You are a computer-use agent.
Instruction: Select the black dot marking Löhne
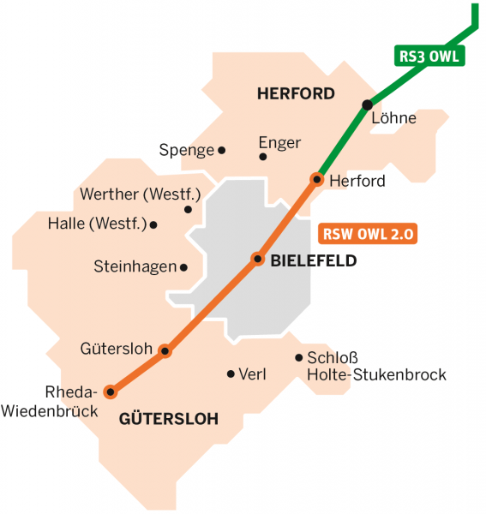[x=367, y=105]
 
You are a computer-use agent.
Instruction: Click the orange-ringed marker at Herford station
[x=316, y=179]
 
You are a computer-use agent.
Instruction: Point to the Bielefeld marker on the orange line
[x=256, y=258]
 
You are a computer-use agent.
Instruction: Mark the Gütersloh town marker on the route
[x=165, y=350]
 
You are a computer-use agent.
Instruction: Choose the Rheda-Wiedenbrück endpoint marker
[x=110, y=391]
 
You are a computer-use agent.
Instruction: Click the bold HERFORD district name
[x=296, y=94]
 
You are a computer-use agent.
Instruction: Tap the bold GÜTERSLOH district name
[x=169, y=419]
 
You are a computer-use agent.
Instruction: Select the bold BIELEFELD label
[x=313, y=261]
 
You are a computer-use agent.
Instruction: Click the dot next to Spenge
[x=221, y=150]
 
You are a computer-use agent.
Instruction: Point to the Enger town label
[x=279, y=143]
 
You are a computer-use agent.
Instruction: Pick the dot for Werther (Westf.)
[x=188, y=209]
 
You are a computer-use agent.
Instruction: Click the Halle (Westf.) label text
[x=97, y=225]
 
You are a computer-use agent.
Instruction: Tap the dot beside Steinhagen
[x=183, y=267]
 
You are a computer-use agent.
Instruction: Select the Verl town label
[x=253, y=374]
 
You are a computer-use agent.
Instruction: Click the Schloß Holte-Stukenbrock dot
[x=298, y=358]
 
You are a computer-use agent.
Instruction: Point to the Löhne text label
[x=393, y=118]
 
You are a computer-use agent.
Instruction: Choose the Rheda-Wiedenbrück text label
[x=51, y=401]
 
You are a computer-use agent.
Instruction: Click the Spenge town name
[x=186, y=151]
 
